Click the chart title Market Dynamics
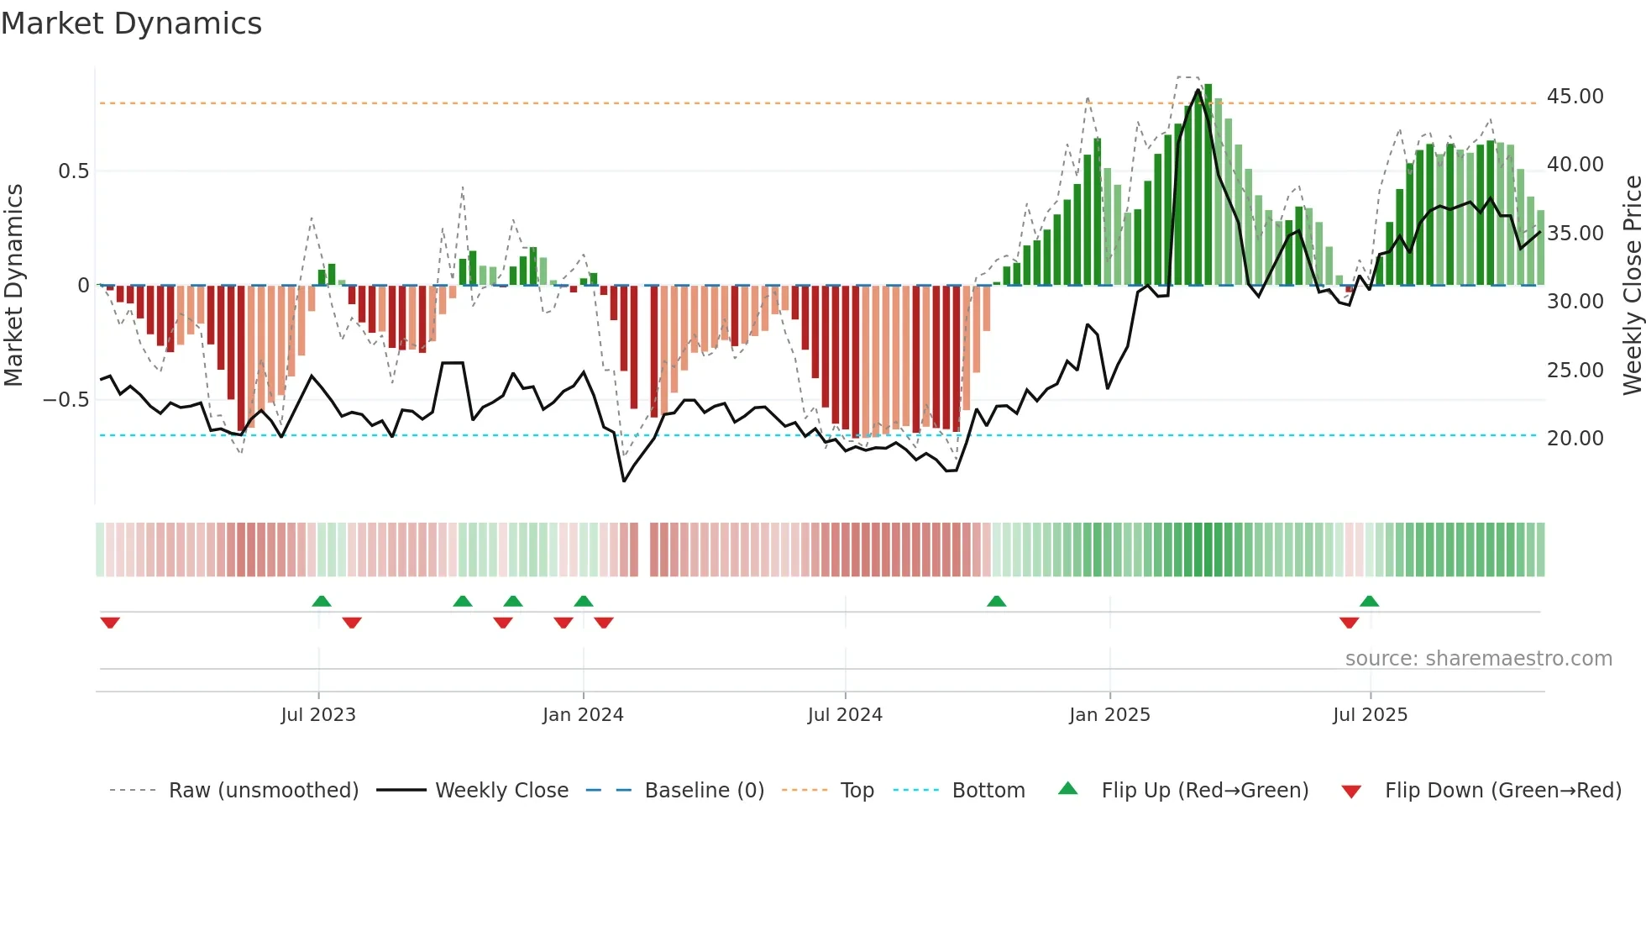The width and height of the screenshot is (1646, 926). tap(132, 24)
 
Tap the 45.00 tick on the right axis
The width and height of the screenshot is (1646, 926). tap(1575, 97)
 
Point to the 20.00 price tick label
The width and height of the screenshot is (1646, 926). tap(1575, 439)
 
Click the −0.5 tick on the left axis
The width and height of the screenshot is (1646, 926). tap(66, 400)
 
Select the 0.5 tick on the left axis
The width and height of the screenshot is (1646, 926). tap(73, 171)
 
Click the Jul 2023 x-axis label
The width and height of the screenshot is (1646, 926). tap(318, 715)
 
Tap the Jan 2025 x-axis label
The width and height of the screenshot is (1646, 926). tap(1109, 715)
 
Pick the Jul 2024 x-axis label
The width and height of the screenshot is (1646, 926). tap(845, 715)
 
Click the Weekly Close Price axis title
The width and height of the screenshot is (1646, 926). tap(1632, 286)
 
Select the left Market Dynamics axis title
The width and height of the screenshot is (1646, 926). tap(13, 286)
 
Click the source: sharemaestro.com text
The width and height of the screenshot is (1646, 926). tap(1478, 659)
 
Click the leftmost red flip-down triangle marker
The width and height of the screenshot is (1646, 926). tap(110, 623)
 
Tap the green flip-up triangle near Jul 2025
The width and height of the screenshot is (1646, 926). tap(1369, 601)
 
